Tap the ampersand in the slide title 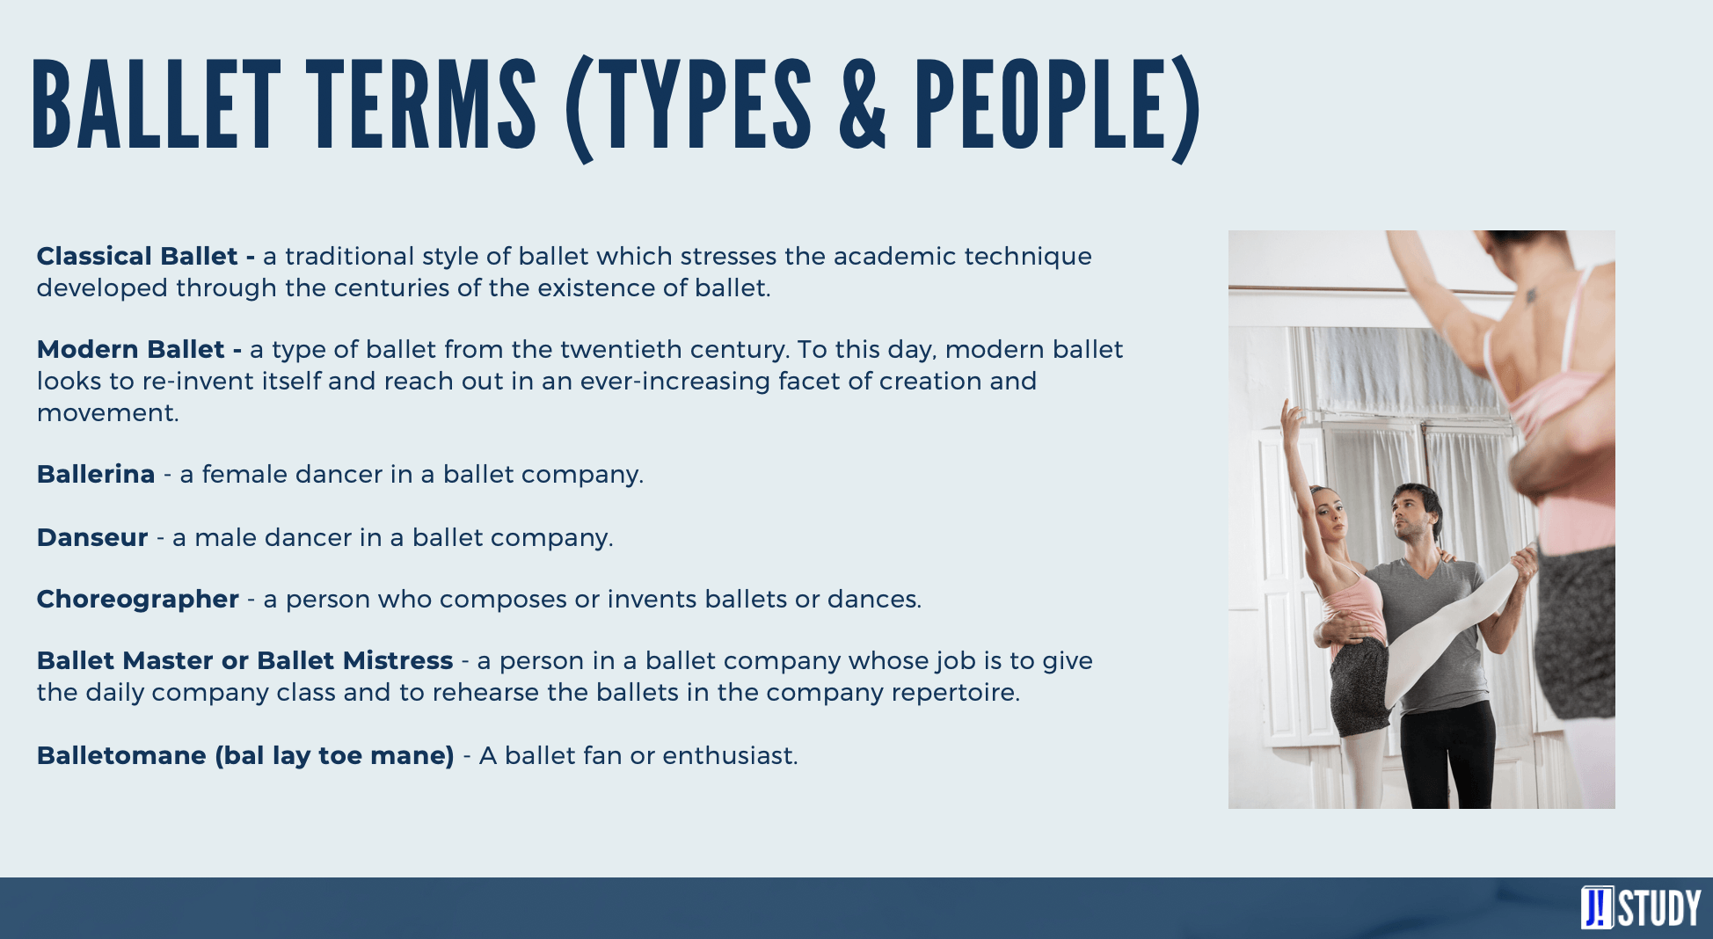(x=863, y=106)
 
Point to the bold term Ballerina (x=96, y=474)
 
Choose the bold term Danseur (x=92, y=537)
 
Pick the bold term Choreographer (x=138, y=600)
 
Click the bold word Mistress (x=397, y=660)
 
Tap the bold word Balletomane (x=121, y=755)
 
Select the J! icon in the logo (x=1597, y=907)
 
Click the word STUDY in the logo (x=1659, y=908)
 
